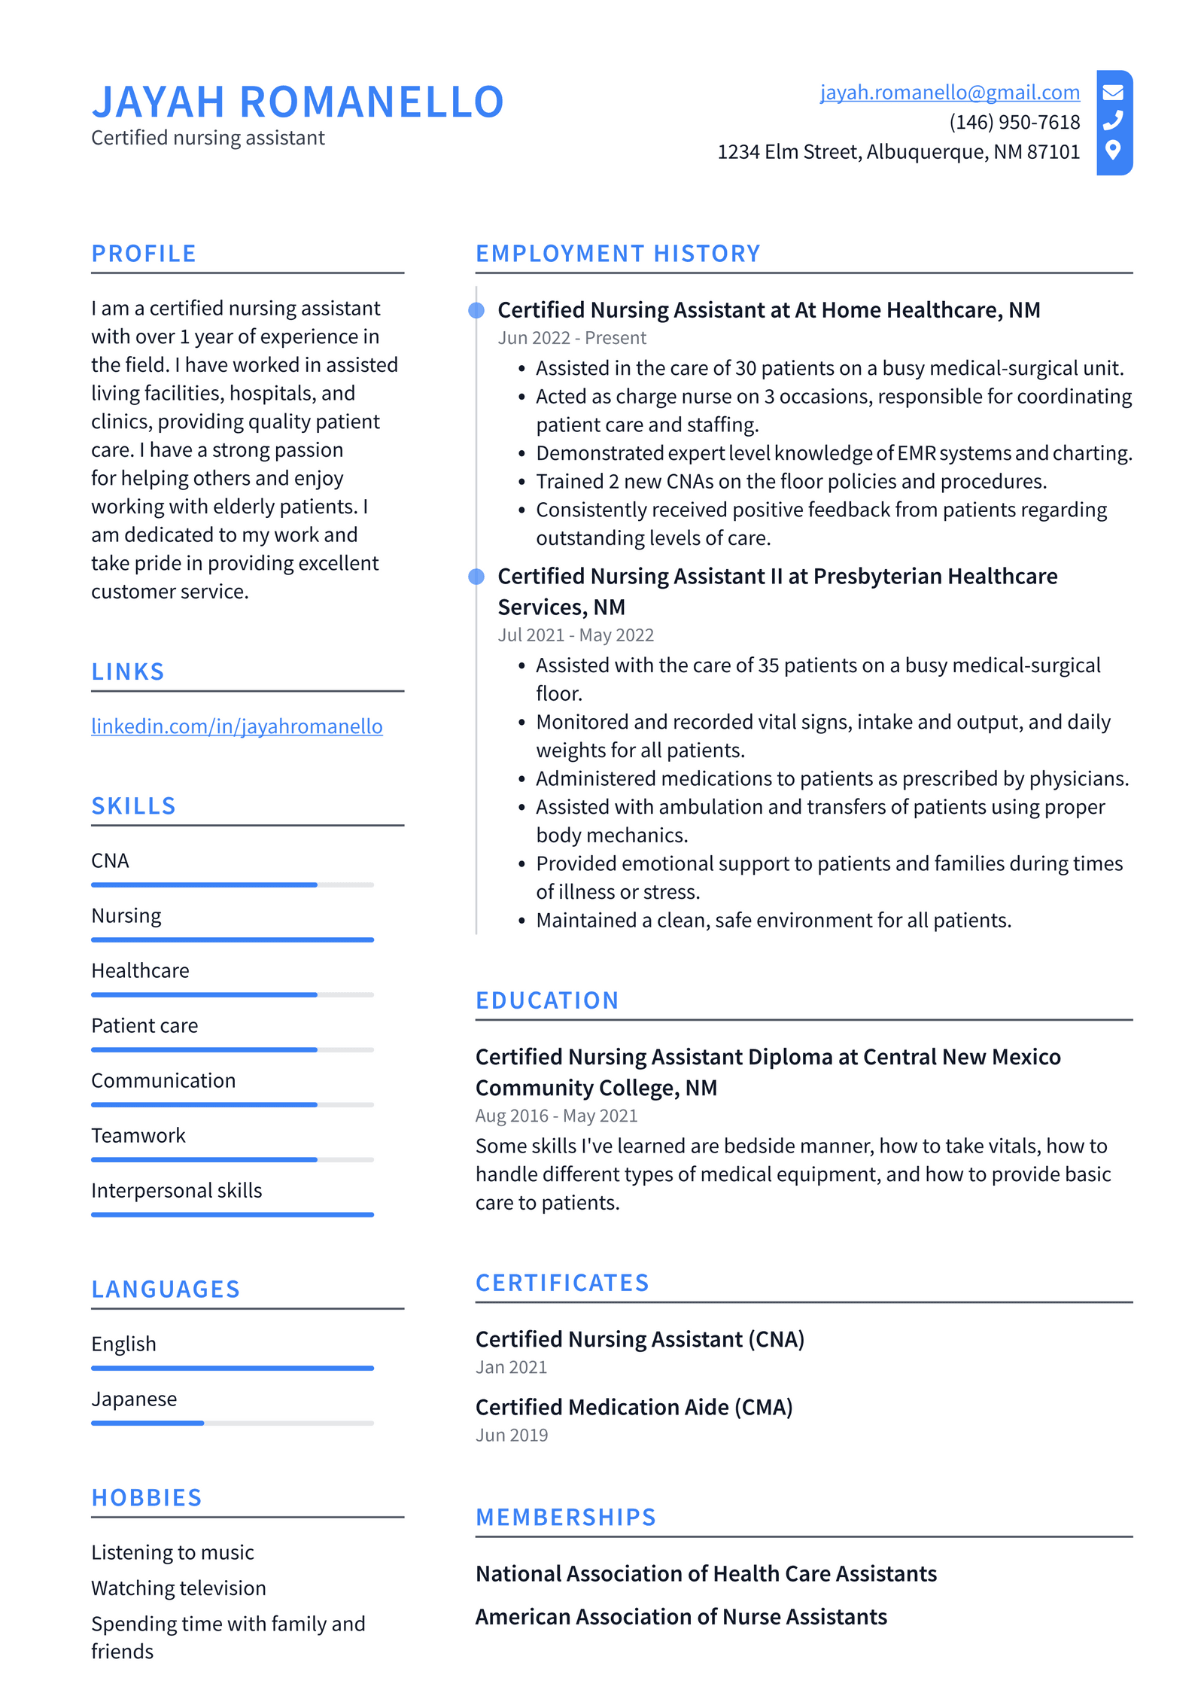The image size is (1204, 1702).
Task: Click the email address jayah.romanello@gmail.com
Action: [x=949, y=92]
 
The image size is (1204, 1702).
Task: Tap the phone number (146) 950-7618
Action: [x=1014, y=122]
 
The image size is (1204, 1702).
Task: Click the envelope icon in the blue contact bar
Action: [x=1113, y=93]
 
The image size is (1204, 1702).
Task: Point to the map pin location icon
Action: [x=1113, y=150]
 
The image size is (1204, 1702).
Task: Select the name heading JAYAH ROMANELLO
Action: [x=297, y=102]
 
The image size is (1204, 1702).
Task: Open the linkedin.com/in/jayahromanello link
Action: [x=236, y=726]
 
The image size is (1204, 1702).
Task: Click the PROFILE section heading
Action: [x=144, y=254]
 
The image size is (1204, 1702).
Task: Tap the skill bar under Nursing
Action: [x=232, y=939]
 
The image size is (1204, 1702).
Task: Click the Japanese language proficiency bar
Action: [x=232, y=1423]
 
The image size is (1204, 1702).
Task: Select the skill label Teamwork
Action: [x=138, y=1135]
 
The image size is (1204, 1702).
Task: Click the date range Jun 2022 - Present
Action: [x=571, y=338]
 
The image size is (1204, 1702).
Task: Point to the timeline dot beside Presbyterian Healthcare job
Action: [x=476, y=577]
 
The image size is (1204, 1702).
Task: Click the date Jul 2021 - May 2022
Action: [x=576, y=635]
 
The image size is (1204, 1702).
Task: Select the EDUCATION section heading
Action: [x=546, y=1000]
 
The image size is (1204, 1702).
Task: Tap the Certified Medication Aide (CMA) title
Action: [x=634, y=1407]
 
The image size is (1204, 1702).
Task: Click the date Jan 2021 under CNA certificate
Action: [x=511, y=1367]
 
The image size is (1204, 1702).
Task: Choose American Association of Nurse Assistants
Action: [x=680, y=1617]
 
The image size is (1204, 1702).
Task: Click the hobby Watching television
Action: [x=178, y=1588]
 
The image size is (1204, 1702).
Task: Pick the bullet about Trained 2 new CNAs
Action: [x=790, y=481]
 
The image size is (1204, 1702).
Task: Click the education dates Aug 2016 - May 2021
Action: [x=556, y=1116]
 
